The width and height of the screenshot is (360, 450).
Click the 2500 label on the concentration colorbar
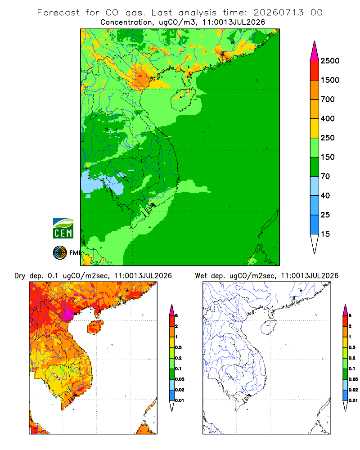330,61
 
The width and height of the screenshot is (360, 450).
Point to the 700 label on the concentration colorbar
328,99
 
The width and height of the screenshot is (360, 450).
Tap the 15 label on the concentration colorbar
325,234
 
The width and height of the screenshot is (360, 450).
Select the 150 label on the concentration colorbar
328,157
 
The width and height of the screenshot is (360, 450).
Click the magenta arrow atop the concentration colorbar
315,52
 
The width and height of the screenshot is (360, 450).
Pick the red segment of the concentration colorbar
315,71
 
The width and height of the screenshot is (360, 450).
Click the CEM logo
63,229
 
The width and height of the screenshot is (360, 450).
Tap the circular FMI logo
60,253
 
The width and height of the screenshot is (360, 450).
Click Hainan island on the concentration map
183,99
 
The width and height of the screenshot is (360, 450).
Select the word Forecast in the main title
58,13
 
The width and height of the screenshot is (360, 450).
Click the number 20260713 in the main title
278,13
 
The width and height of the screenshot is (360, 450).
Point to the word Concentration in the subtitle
126,22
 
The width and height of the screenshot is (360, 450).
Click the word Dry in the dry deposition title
20,276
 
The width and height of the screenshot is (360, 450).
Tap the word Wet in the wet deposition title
201,276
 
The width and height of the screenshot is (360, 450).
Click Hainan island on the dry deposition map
95,328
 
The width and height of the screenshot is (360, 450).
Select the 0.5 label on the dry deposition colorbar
178,347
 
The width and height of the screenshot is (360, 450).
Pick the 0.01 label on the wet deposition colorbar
353,400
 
